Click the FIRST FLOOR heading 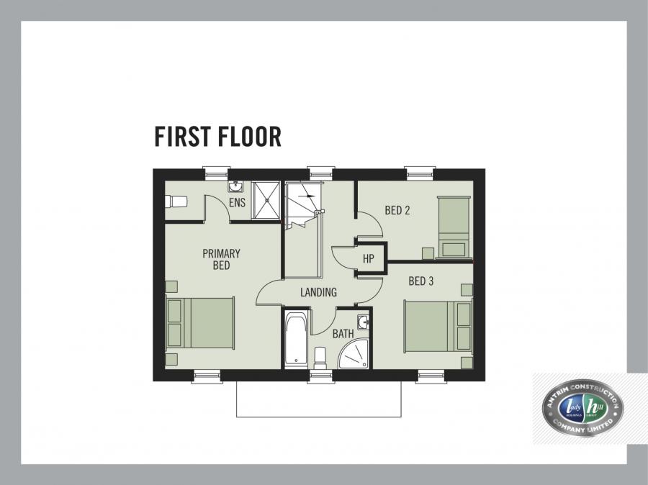217,137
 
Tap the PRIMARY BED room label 221,260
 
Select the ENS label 237,203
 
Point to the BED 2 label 397,211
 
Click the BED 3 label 420,281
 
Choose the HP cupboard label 369,259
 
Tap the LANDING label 318,292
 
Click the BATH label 343,334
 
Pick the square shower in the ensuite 266,195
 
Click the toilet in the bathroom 320,356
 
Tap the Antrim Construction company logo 582,409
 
